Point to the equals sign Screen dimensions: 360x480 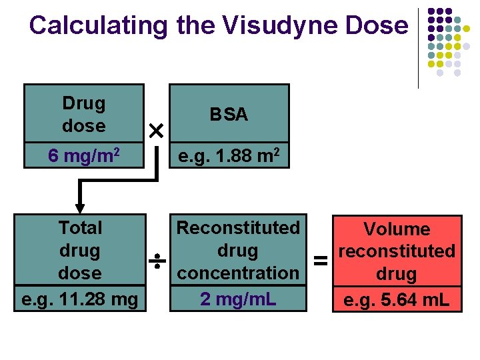click(x=321, y=261)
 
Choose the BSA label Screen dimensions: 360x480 click(x=229, y=115)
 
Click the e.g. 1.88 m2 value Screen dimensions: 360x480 click(x=229, y=156)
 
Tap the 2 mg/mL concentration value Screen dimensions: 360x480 click(x=238, y=299)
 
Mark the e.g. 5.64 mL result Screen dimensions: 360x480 click(x=397, y=300)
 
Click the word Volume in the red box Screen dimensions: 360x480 click(x=397, y=229)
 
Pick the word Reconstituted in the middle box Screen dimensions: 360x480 click(x=238, y=228)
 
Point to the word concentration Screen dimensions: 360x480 click(x=238, y=273)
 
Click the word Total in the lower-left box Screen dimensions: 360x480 click(x=80, y=228)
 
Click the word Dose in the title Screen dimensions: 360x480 click(x=379, y=25)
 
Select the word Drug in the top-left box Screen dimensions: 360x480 click(x=83, y=103)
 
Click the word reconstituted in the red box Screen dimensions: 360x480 click(x=397, y=251)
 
